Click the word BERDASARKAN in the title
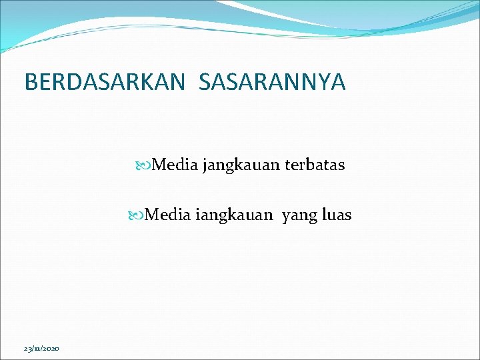(x=103, y=82)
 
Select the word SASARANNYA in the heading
(x=272, y=82)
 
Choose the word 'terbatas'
(x=315, y=165)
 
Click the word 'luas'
(x=335, y=215)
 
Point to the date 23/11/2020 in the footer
(x=41, y=349)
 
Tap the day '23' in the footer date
(x=27, y=349)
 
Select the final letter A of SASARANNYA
(x=338, y=82)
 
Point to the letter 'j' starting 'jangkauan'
(x=205, y=165)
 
